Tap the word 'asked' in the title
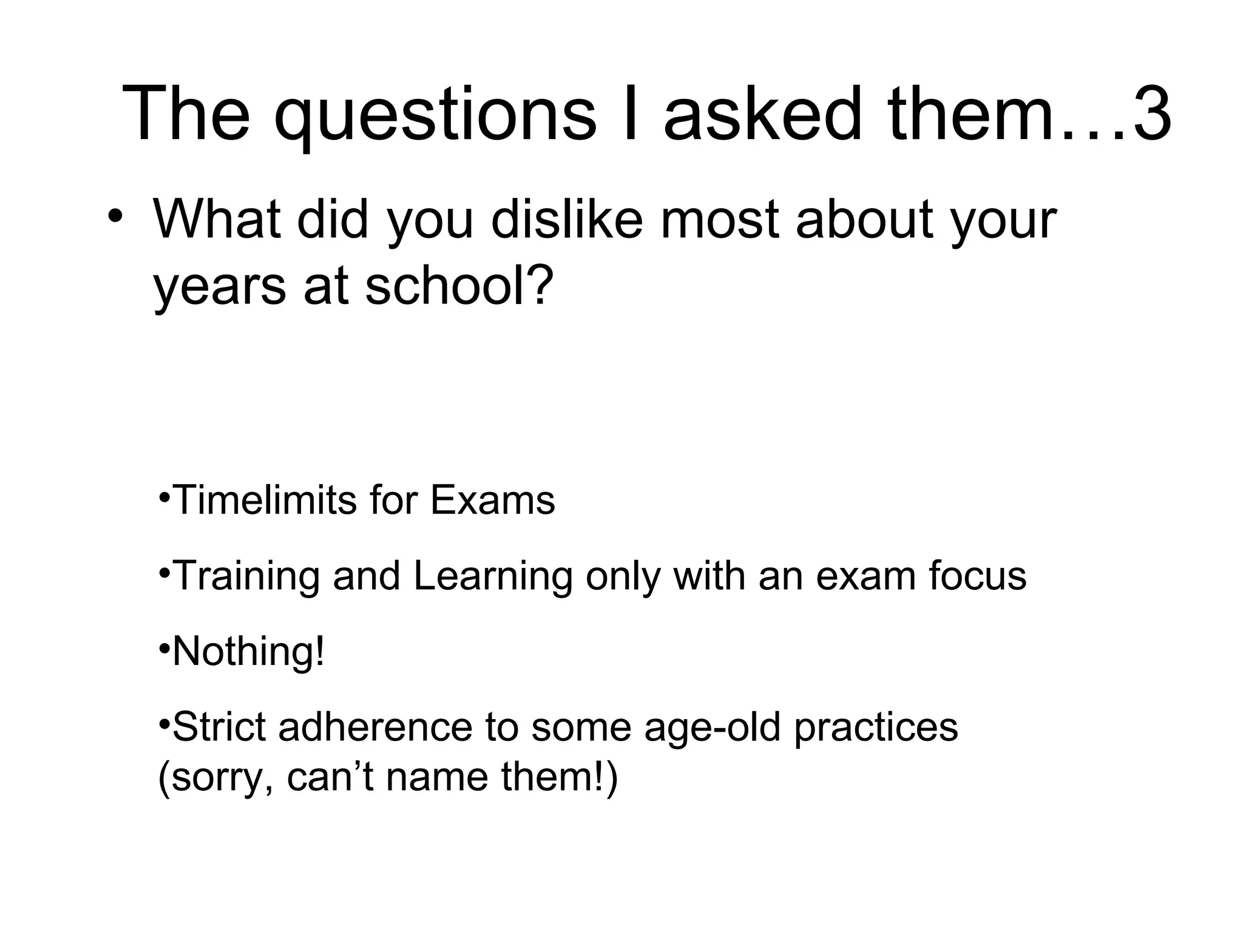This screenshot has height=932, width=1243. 762,114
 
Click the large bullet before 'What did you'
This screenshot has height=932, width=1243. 115,217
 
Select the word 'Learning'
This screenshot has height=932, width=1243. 493,576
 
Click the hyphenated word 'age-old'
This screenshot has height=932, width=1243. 711,728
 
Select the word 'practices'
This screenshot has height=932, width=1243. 876,728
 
